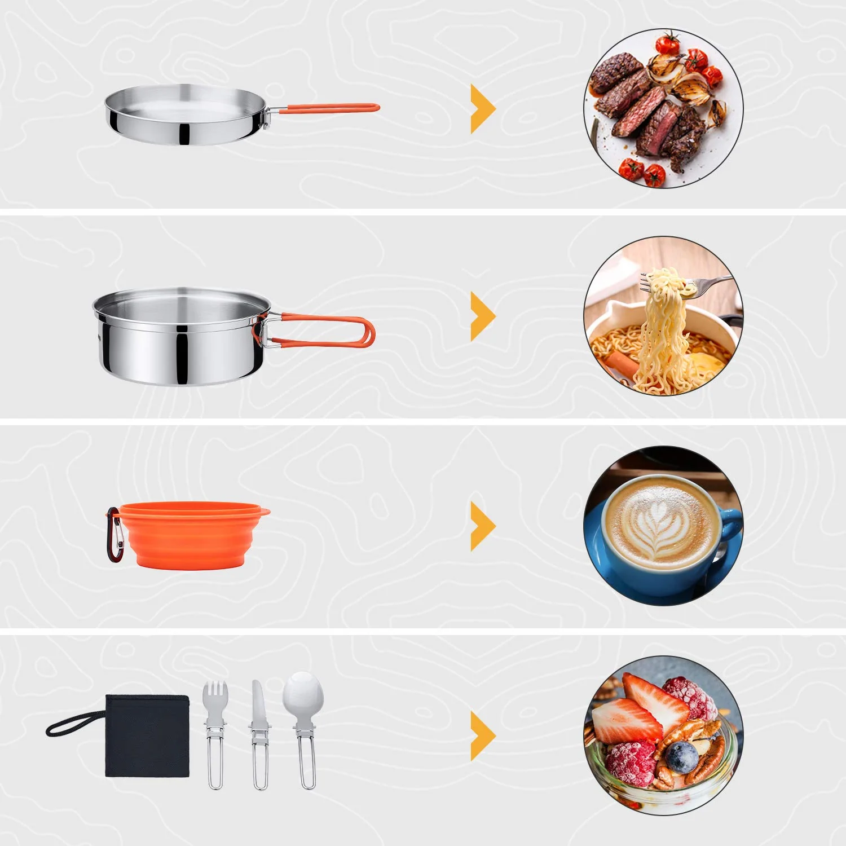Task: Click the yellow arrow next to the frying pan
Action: pos(482,108)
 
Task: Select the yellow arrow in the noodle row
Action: pos(482,316)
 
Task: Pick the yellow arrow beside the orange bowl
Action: pos(482,526)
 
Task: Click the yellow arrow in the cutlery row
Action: pos(482,735)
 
